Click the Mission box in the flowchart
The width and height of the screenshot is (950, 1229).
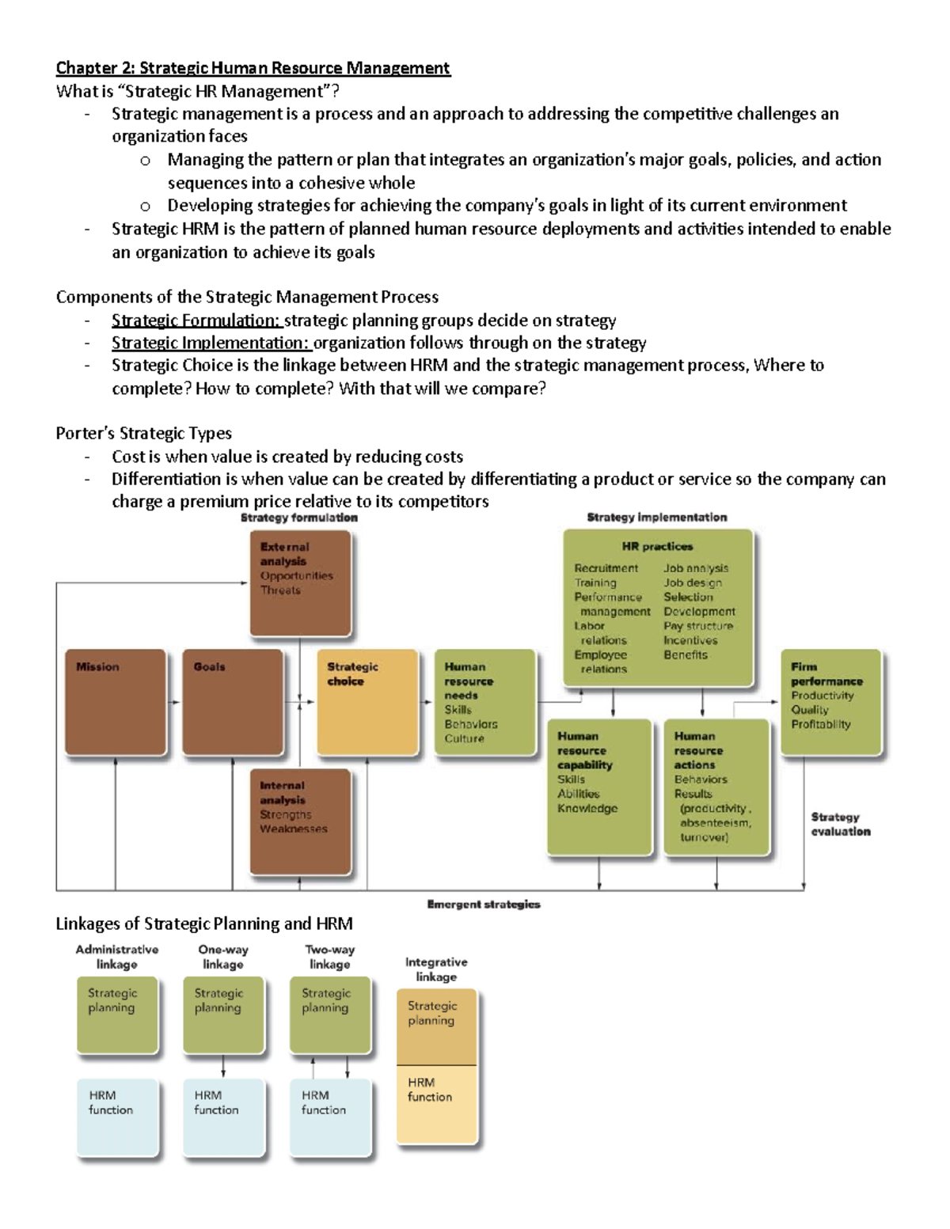coord(116,702)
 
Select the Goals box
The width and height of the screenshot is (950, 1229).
coord(233,702)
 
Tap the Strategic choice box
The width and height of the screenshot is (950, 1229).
coord(367,702)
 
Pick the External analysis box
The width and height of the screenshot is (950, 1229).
coord(300,582)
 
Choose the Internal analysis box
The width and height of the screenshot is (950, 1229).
coord(300,821)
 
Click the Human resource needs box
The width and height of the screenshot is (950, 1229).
coord(485,702)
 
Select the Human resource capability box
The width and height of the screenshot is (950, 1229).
coord(599,786)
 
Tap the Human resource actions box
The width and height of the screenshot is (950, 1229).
coord(716,786)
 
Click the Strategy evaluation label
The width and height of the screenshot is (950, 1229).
coord(840,824)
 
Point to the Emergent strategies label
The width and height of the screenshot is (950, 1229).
coord(484,904)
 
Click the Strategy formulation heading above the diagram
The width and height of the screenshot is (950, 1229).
coord(299,518)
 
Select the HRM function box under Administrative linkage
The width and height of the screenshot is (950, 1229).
coord(118,1117)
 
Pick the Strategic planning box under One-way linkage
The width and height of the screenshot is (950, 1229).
coord(223,1015)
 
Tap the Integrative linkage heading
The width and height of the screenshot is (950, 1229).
coord(436,969)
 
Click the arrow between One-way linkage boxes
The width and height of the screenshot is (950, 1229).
coord(224,1066)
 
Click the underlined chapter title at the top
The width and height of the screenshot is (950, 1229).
coord(253,68)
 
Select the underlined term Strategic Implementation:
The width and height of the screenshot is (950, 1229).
coord(211,343)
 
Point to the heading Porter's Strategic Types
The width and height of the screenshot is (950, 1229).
coord(143,433)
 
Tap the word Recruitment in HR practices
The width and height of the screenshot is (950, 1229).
coord(606,568)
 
